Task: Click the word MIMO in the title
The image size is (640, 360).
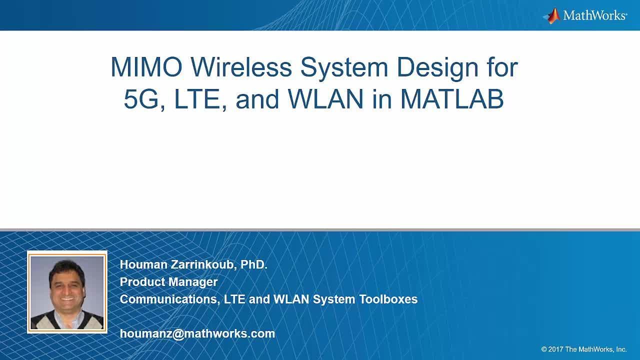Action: point(146,67)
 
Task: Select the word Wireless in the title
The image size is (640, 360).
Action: point(241,67)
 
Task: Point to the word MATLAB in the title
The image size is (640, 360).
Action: point(452,99)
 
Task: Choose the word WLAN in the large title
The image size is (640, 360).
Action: point(325,99)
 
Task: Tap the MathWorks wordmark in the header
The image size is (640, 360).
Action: point(595,15)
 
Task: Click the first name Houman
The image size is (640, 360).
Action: point(143,264)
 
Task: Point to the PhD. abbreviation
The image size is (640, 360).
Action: point(254,264)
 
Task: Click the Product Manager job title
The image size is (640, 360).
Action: point(169,282)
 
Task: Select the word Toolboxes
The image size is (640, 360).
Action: point(388,299)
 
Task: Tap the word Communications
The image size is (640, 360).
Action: point(170,299)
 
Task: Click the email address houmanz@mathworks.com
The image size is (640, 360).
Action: point(197,333)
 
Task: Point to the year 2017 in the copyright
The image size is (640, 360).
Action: point(555,349)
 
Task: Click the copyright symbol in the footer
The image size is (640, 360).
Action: point(544,349)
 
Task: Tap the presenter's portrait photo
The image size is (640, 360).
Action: point(67,292)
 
